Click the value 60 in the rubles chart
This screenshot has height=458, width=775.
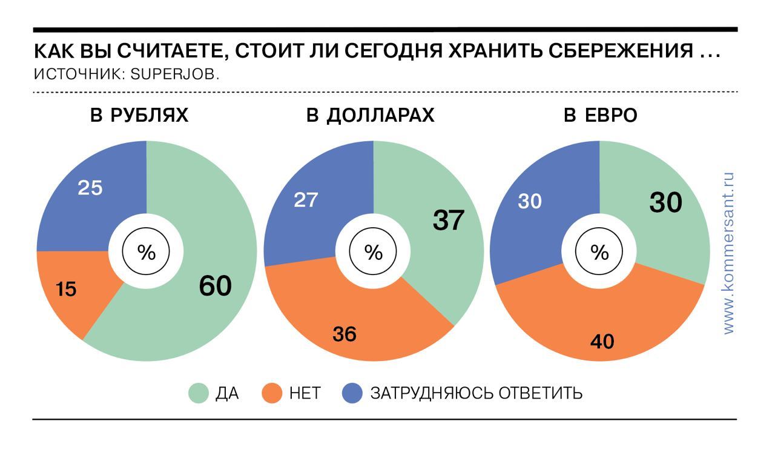(x=215, y=287)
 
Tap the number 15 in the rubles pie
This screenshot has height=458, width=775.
(x=67, y=290)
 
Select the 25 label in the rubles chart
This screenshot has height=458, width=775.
(x=90, y=188)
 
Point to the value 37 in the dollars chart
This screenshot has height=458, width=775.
(x=448, y=221)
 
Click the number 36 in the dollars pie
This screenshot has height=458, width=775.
(x=345, y=333)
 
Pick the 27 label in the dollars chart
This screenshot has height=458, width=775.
(x=306, y=200)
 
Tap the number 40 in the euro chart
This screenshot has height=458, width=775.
(x=602, y=342)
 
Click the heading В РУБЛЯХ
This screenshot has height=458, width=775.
(x=139, y=116)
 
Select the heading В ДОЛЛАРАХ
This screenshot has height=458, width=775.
(x=371, y=116)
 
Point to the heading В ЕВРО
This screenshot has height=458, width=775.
(x=601, y=116)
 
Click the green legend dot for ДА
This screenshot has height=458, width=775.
(x=199, y=394)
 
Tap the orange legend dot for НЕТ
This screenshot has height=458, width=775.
(x=272, y=394)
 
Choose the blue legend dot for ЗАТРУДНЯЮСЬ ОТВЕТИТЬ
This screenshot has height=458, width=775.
(x=352, y=394)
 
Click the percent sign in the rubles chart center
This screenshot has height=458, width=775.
(x=147, y=253)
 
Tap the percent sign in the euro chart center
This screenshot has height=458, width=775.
(x=599, y=253)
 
